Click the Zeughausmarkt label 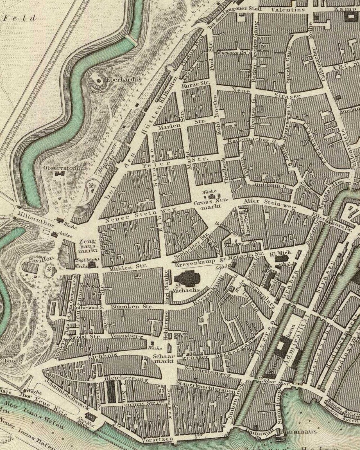(x=88, y=246)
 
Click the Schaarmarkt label (x=164, y=359)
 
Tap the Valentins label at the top (x=288, y=10)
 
